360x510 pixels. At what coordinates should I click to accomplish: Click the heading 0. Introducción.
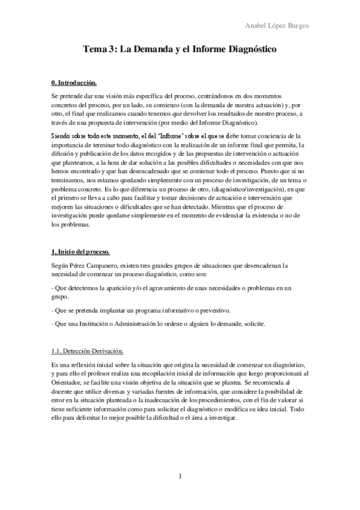tap(74, 82)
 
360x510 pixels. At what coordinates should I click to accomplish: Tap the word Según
tap(61, 265)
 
